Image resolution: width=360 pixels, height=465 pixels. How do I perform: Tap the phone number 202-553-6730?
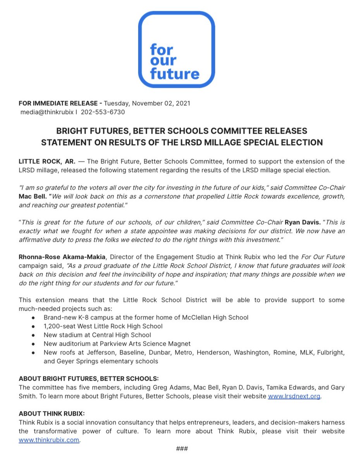pos(103,112)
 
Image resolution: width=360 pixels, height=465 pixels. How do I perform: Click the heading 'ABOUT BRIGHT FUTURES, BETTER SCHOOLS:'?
pos(89,378)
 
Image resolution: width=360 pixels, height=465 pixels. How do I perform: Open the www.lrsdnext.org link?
pos(294,396)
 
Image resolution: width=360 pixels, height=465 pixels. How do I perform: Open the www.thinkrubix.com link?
pos(49,440)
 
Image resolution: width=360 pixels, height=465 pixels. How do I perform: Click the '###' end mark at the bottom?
pos(182,449)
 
